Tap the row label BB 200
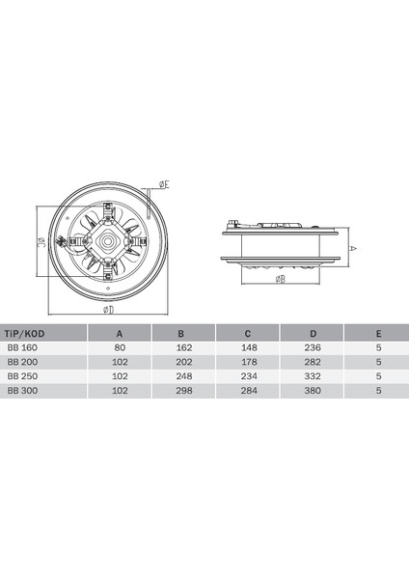(21, 361)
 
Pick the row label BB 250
(21, 375)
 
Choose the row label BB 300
(21, 390)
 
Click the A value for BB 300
(121, 390)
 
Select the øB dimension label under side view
(280, 280)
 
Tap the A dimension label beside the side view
(353, 247)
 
